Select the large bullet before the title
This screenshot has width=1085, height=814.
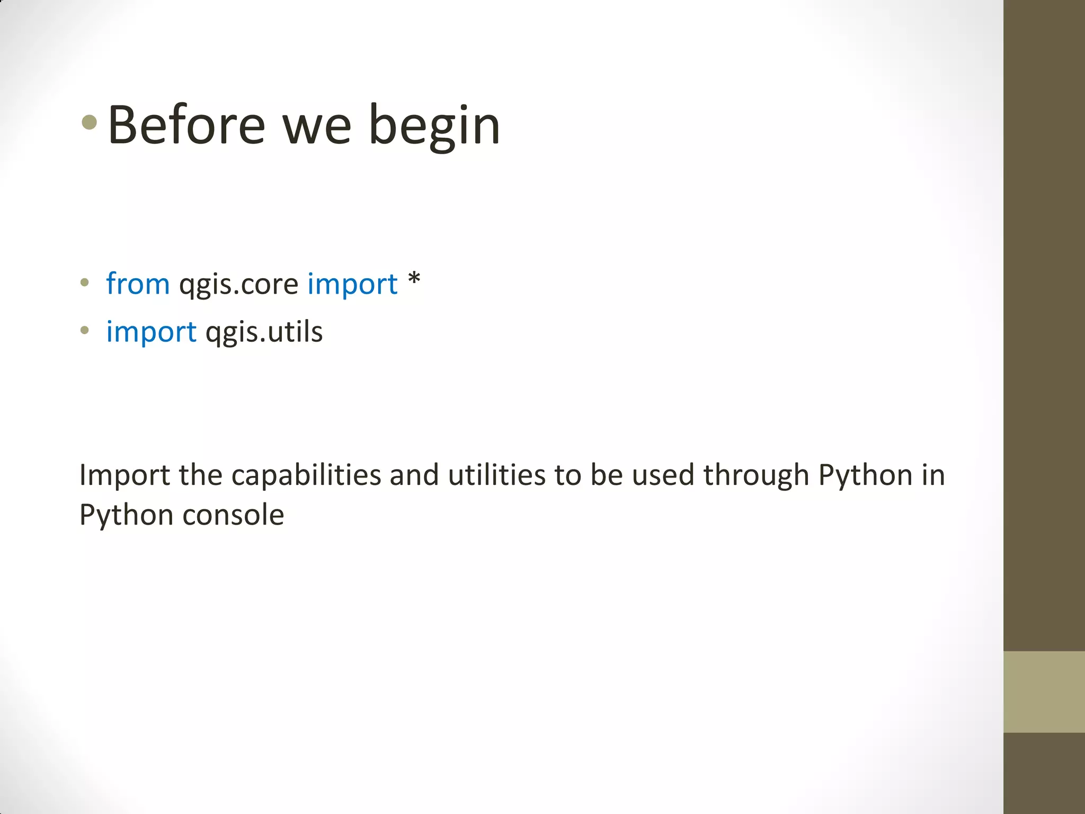pyautogui.click(x=90, y=123)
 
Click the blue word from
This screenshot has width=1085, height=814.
pyautogui.click(x=138, y=284)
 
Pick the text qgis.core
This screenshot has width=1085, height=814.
pyautogui.click(x=238, y=285)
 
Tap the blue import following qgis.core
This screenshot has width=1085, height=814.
pyautogui.click(x=352, y=284)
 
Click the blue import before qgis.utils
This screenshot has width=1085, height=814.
pyautogui.click(x=152, y=332)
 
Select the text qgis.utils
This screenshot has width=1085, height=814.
pyautogui.click(x=264, y=332)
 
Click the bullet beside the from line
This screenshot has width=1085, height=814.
pyautogui.click(x=85, y=282)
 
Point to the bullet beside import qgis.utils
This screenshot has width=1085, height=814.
pyautogui.click(x=85, y=330)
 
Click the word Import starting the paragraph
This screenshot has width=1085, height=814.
pyautogui.click(x=124, y=475)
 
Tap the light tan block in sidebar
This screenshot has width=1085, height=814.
pyautogui.click(x=1044, y=692)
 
